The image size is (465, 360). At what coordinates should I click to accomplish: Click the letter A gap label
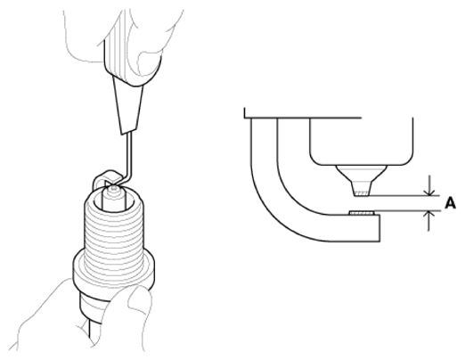pyautogui.click(x=450, y=203)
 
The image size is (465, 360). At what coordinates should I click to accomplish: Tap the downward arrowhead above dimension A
pyautogui.click(x=428, y=192)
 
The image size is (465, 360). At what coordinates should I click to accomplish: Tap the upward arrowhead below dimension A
pyautogui.click(x=428, y=215)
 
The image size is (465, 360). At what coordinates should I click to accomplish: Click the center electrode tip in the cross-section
pyautogui.click(x=362, y=193)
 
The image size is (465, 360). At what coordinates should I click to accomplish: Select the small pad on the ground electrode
pyautogui.click(x=362, y=213)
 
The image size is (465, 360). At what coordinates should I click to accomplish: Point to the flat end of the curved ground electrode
pyautogui.click(x=379, y=228)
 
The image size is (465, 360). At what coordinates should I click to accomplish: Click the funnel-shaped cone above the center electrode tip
pyautogui.click(x=362, y=178)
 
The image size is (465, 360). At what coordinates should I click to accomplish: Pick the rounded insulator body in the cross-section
pyautogui.click(x=362, y=142)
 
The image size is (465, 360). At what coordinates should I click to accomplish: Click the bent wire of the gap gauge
pyautogui.click(x=127, y=160)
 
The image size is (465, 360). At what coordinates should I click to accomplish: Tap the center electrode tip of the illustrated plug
pyautogui.click(x=114, y=188)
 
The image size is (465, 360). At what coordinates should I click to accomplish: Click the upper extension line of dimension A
pyautogui.click(x=402, y=196)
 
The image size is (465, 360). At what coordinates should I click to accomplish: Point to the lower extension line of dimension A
pyautogui.click(x=407, y=210)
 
